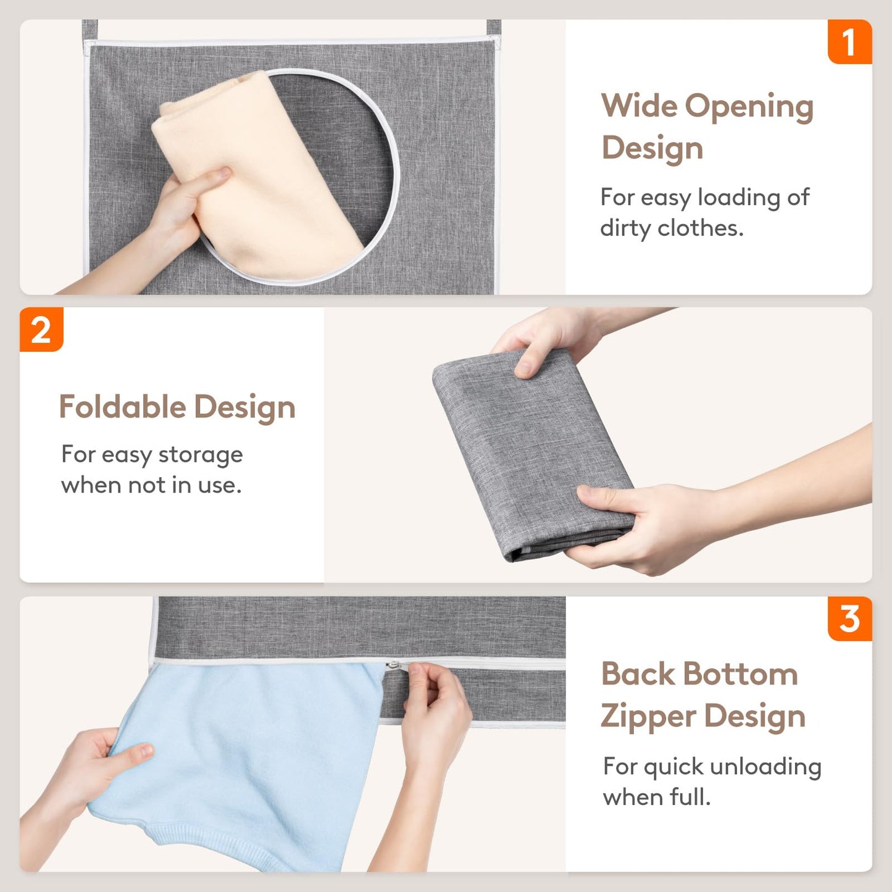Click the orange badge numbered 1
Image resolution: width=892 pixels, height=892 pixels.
(x=849, y=42)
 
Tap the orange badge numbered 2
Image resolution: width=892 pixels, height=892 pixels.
(x=41, y=330)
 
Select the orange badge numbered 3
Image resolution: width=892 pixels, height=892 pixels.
(x=849, y=619)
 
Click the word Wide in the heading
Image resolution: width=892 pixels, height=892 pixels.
(x=639, y=106)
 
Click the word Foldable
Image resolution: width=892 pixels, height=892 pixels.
(x=122, y=407)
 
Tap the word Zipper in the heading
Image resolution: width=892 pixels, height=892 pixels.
(x=648, y=717)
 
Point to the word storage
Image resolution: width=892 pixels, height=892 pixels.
(x=201, y=455)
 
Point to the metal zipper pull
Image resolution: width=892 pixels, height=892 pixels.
(x=393, y=665)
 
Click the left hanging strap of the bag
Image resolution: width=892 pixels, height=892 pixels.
(x=90, y=29)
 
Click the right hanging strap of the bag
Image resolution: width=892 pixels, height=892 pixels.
(x=493, y=28)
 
